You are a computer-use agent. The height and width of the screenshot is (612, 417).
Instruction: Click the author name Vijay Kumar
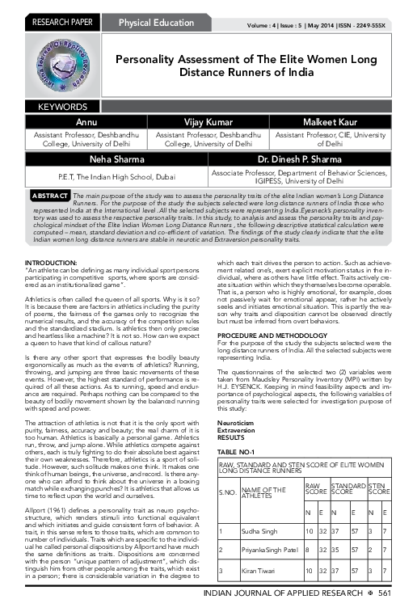[209, 120]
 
